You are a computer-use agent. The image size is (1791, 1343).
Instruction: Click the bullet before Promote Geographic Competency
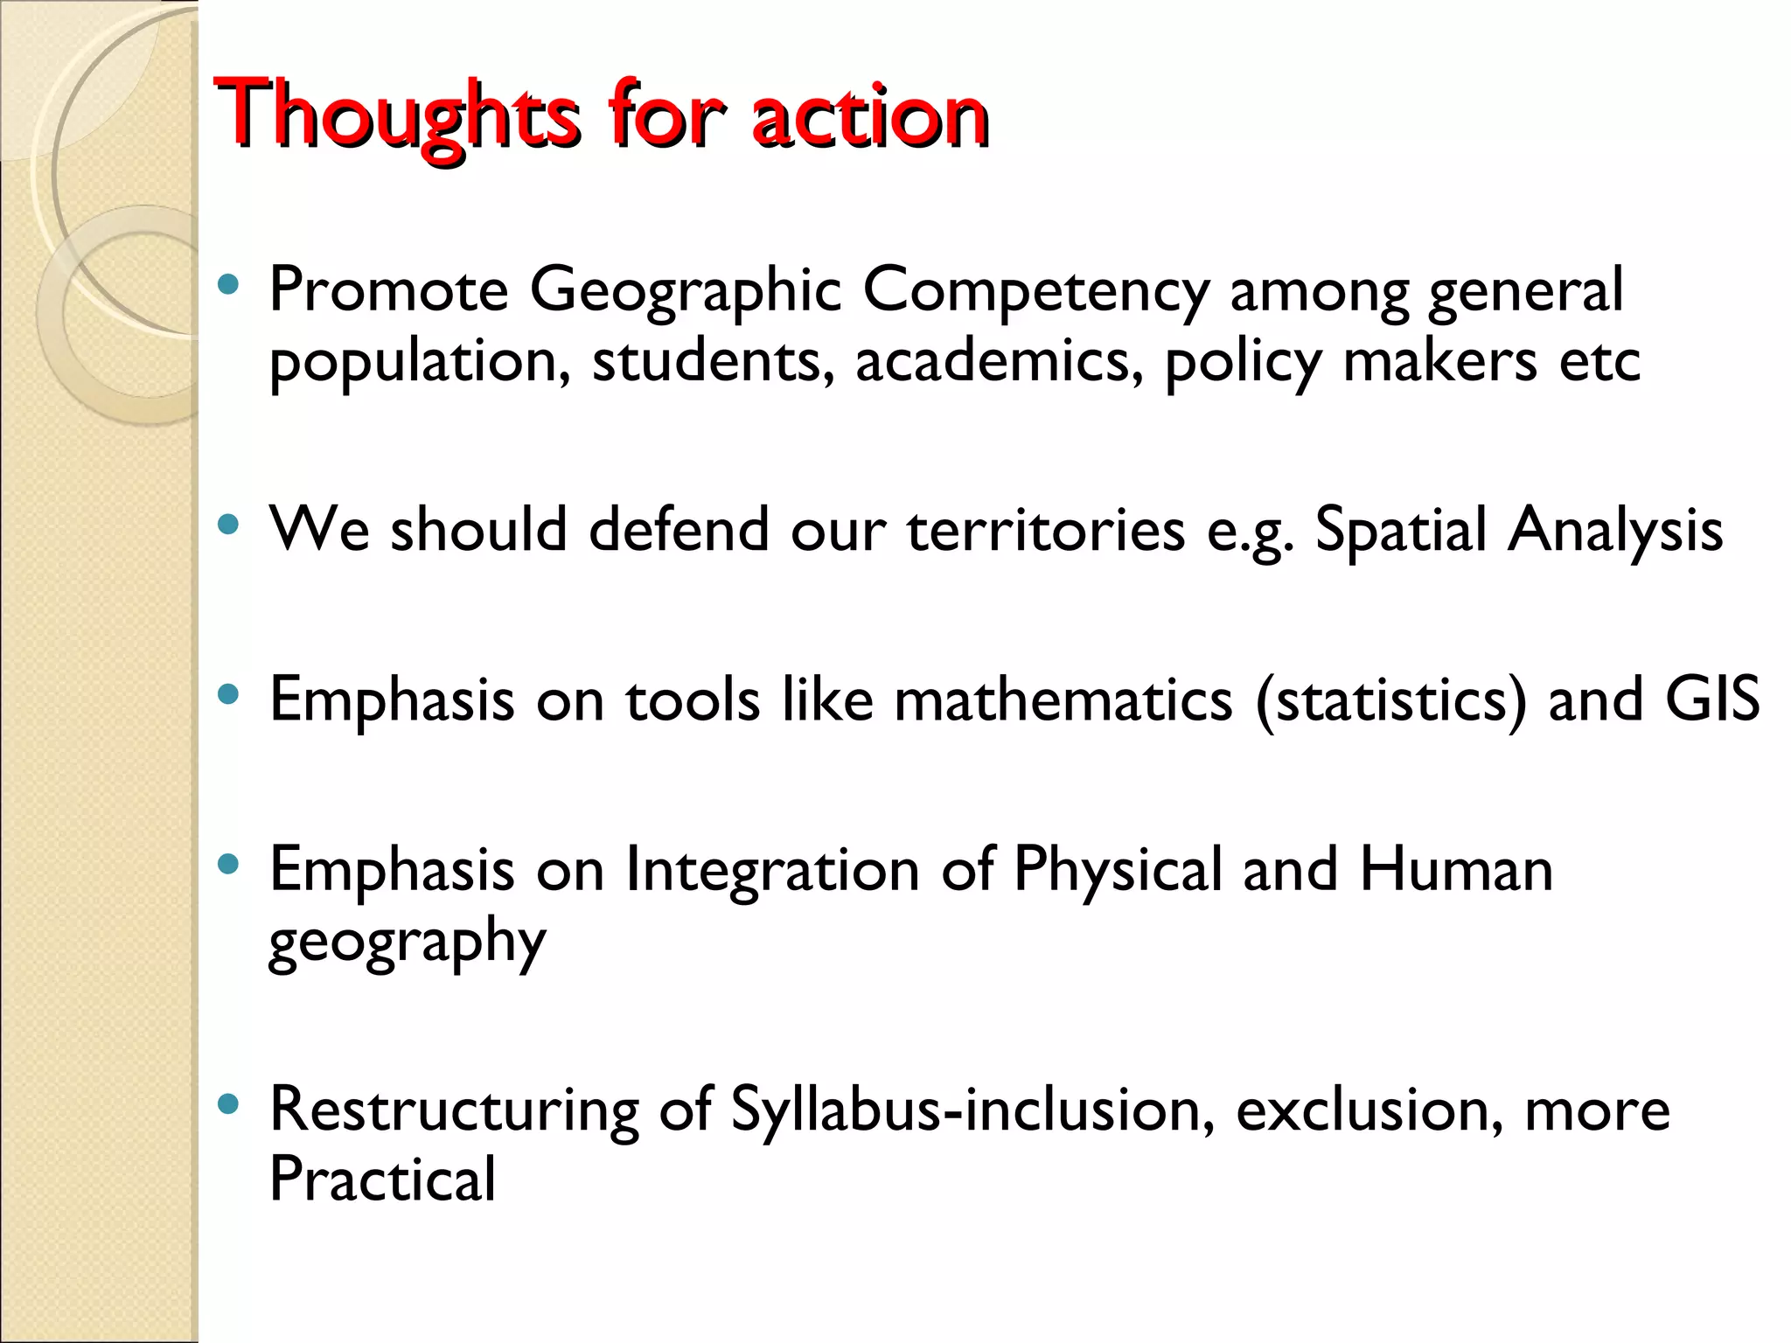tap(228, 284)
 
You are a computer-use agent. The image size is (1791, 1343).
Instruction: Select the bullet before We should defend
tap(228, 525)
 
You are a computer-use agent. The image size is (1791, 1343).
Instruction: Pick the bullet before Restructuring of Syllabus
tap(228, 1103)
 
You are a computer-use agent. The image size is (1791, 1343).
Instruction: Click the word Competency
tap(1035, 292)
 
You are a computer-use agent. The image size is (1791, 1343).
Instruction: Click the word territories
tap(1046, 530)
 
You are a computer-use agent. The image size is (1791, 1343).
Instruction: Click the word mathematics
tap(1063, 699)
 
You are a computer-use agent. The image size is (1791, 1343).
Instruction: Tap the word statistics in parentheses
tap(1390, 701)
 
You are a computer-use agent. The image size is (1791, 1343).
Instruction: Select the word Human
tap(1455, 870)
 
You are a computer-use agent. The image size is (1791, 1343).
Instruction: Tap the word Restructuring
tap(454, 1110)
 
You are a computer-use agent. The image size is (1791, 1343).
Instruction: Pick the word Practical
tap(382, 1179)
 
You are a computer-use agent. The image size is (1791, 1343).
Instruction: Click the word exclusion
tap(1369, 1110)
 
